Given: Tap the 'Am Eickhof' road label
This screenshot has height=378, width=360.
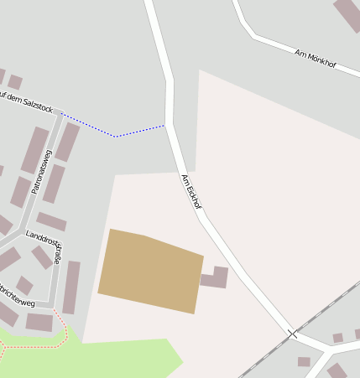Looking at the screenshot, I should pos(191,191).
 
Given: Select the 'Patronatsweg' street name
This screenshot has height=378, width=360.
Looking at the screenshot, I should pos(41,171).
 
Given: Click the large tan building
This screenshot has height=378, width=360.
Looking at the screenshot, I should pos(151,271).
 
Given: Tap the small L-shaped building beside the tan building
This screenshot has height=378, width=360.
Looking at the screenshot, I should pos(216,278).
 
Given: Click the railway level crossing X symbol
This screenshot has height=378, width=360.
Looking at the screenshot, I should pos(292,334).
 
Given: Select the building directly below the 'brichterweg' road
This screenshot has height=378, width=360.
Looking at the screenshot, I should pos(39,322).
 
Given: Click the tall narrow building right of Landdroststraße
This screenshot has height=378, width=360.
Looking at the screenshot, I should pos(72,287).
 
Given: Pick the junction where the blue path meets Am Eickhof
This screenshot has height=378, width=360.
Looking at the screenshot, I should pos(167,126).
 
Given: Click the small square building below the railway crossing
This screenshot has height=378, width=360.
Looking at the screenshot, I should pos(304,362).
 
